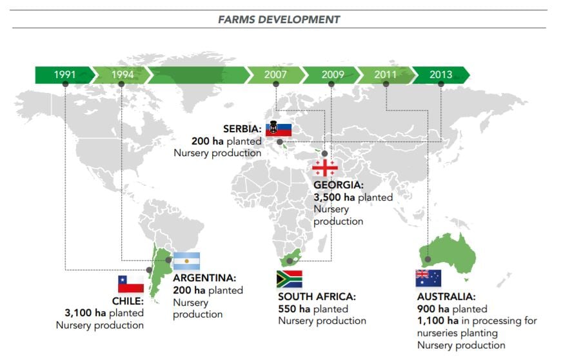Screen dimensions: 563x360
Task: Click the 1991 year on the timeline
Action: click(65, 75)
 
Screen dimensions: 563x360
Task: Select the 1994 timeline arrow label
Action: click(123, 75)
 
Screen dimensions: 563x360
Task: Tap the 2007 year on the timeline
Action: click(275, 75)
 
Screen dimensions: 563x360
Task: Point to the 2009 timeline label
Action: click(333, 75)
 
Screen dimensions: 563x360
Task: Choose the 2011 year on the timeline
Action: click(385, 75)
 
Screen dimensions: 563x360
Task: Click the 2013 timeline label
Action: click(440, 75)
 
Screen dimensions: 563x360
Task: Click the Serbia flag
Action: click(279, 128)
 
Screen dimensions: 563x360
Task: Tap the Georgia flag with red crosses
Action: click(325, 168)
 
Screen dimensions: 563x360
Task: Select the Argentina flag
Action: click(187, 261)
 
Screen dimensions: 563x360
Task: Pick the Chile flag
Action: click(131, 284)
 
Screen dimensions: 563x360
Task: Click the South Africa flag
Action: click(290, 279)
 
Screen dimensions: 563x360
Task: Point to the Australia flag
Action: click(428, 279)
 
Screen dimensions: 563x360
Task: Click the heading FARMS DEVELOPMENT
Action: click(279, 19)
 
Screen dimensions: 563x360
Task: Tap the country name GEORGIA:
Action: click(339, 185)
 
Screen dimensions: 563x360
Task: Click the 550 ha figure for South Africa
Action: click(294, 309)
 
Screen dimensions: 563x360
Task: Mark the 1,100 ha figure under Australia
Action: click(438, 321)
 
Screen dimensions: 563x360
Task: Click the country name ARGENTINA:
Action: click(204, 277)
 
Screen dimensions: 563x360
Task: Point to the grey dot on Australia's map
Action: click(428, 259)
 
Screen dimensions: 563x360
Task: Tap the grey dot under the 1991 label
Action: click(65, 84)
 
